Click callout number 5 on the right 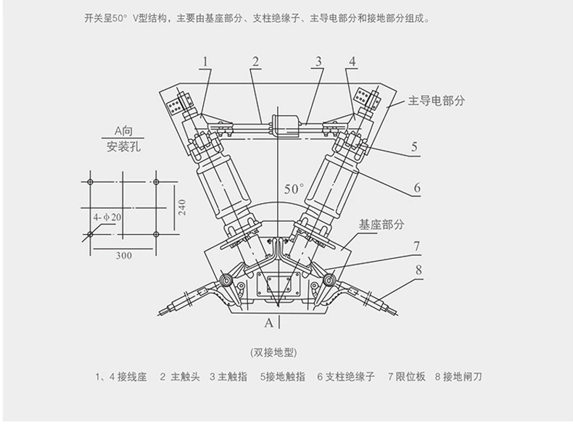pyautogui.click(x=414, y=147)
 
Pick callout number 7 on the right pyautogui.click(x=416, y=246)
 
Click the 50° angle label pyautogui.click(x=294, y=188)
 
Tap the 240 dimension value pyautogui.click(x=182, y=207)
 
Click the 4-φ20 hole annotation pyautogui.click(x=107, y=217)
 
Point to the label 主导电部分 pyautogui.click(x=436, y=101)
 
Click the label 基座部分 pyautogui.click(x=381, y=225)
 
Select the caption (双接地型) pyautogui.click(x=273, y=352)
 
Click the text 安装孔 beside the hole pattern pyautogui.click(x=122, y=147)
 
